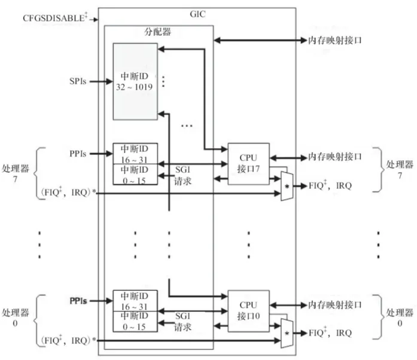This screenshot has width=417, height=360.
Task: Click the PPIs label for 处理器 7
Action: (x=78, y=154)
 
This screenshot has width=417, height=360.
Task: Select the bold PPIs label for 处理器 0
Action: (x=78, y=301)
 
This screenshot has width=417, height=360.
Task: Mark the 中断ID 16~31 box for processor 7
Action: (x=135, y=154)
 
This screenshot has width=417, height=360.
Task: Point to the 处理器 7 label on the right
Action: (x=398, y=170)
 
